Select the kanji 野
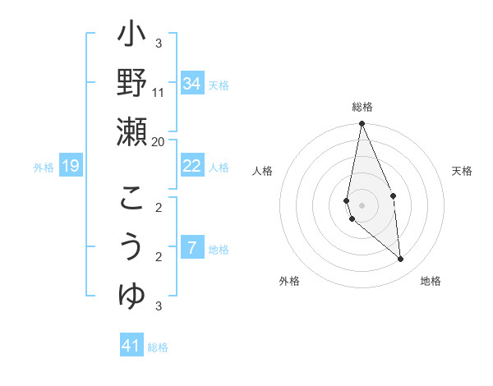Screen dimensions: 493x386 click(131, 83)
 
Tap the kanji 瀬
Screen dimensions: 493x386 click(131, 131)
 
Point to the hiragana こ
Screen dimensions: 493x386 click(131, 200)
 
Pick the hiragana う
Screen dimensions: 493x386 click(131, 247)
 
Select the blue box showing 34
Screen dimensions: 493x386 click(192, 84)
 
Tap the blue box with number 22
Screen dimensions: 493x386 click(192, 166)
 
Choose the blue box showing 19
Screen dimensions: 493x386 click(71, 167)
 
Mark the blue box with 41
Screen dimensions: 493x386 click(131, 346)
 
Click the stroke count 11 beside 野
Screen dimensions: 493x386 click(159, 92)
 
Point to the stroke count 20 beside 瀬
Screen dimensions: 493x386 click(159, 141)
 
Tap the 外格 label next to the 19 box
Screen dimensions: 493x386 click(44, 168)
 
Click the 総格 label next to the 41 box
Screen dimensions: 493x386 click(158, 347)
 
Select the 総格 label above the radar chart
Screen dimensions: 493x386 click(362, 107)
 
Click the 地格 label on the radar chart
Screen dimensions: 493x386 click(431, 281)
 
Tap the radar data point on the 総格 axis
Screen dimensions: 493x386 click(362, 124)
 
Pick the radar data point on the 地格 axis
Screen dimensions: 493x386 click(401, 260)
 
